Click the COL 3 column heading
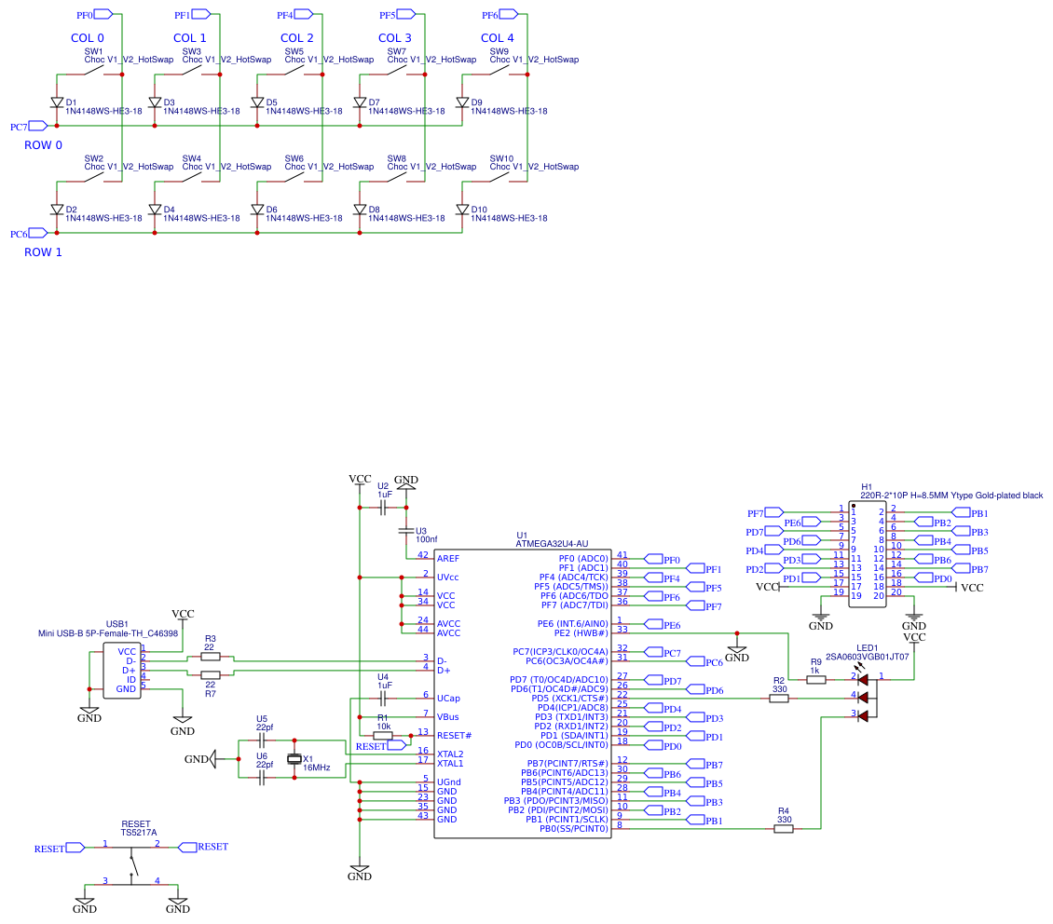pos(402,38)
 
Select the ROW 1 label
pos(43,252)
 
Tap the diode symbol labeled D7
pos(361,102)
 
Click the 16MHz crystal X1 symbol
pos(295,759)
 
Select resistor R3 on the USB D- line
pos(211,657)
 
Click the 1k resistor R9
pos(815,680)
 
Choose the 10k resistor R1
pos(382,736)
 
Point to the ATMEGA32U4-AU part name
pos(552,544)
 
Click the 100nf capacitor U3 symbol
pos(406,531)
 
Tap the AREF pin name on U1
pos(448,559)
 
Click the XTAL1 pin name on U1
pos(450,764)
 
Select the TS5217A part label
pos(139,833)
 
